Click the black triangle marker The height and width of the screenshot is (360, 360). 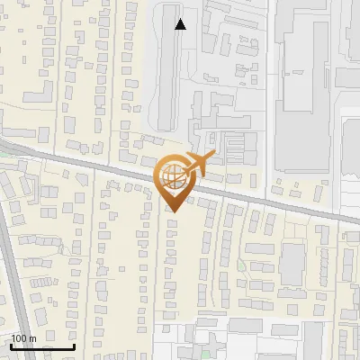coord(181,25)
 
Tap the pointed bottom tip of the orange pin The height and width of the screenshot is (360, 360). coord(174,212)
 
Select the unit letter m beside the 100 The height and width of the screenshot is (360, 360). coord(33,338)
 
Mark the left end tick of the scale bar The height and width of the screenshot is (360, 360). coord(11,345)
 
